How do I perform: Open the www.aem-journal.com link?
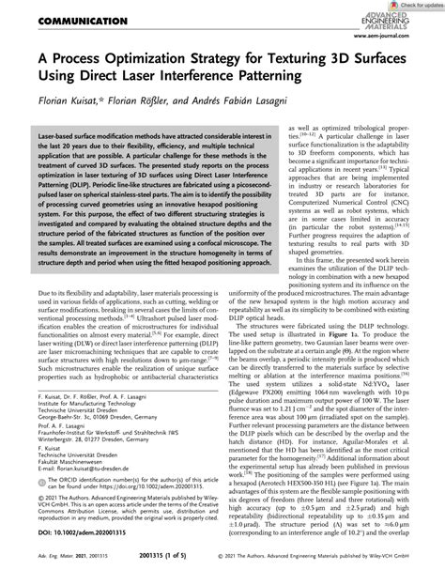404,53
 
